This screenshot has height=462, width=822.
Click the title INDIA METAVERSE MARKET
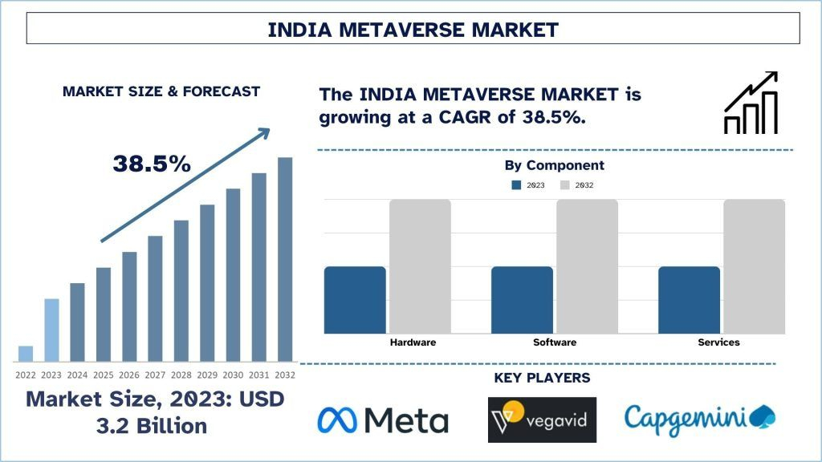point(413,30)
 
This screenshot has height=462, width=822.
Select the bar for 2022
point(26,354)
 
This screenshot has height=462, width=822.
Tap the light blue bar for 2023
point(51,330)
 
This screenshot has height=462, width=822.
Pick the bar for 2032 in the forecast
point(285,259)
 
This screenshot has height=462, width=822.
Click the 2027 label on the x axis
point(155,375)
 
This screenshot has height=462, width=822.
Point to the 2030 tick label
point(233,375)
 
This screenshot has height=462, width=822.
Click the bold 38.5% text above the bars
point(152,164)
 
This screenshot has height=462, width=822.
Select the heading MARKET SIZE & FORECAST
point(161,91)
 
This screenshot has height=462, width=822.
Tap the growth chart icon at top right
point(751,103)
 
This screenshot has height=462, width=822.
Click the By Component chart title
point(554,165)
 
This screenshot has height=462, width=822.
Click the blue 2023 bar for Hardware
point(355,300)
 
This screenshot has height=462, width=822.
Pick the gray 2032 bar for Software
point(587,266)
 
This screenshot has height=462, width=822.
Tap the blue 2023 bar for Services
point(689,300)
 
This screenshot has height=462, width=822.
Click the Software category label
point(554,342)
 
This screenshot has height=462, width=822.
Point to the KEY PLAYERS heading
point(542,378)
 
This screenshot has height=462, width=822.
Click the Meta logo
point(383,420)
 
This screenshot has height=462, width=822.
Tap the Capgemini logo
point(699,418)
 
